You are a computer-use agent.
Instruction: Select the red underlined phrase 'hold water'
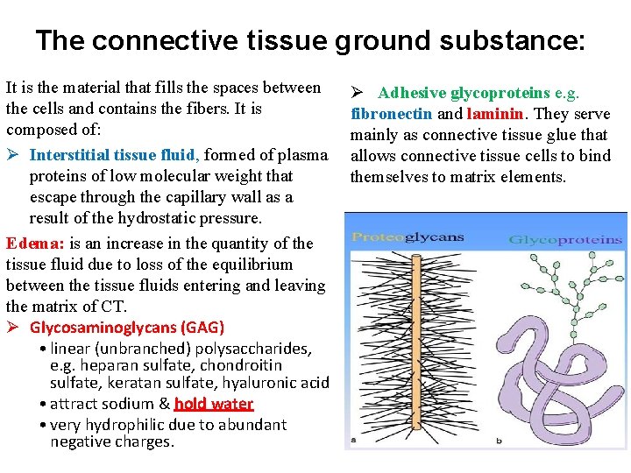(213, 404)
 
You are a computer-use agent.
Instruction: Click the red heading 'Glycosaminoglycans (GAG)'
(127, 328)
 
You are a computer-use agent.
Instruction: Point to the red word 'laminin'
(493, 113)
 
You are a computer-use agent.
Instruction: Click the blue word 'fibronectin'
(391, 113)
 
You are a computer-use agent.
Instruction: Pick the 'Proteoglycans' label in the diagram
(408, 237)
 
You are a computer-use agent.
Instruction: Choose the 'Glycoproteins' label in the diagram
(565, 239)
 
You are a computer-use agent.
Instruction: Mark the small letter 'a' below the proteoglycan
(352, 439)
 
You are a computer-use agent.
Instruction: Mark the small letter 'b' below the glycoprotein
(499, 439)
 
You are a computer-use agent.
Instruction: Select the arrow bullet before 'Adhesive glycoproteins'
(358, 93)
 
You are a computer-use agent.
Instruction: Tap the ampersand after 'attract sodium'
(164, 404)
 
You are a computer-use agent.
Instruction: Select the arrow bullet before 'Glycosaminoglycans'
(14, 328)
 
